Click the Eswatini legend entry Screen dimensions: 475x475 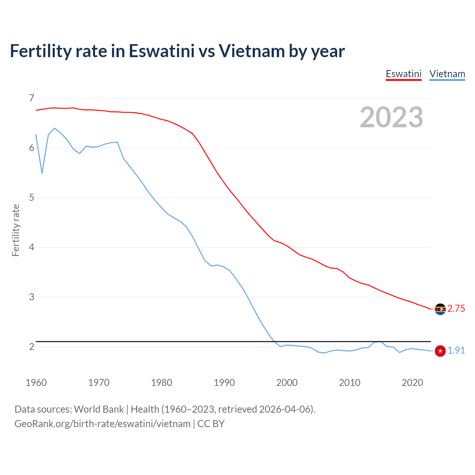point(403,74)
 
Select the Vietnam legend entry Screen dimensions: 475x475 point(447,74)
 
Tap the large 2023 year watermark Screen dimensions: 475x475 point(391,117)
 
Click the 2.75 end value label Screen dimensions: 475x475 point(456,309)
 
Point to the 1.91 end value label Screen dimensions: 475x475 point(456,351)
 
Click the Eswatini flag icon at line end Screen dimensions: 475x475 point(440,309)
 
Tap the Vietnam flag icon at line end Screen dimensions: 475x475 point(440,351)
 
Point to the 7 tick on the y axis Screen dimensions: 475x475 point(32,98)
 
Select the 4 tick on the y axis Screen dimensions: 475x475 point(32,247)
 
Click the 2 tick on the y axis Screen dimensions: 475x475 point(32,347)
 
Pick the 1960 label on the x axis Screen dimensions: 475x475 point(36,383)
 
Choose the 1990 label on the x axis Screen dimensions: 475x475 point(224,383)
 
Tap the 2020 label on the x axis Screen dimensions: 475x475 point(412,383)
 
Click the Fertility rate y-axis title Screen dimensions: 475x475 point(16,230)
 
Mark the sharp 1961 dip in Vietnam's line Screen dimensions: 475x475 point(42,173)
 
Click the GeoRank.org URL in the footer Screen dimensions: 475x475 point(102,424)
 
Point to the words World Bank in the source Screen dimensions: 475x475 point(99,409)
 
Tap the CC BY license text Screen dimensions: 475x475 point(211,424)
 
